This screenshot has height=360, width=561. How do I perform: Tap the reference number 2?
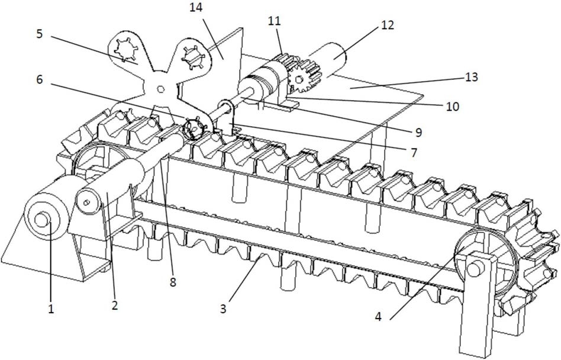click(x=114, y=306)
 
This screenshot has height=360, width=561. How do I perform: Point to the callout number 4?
click(x=379, y=316)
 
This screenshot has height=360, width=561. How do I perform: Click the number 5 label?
click(x=40, y=34)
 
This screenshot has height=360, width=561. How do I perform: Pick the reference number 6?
click(x=40, y=79)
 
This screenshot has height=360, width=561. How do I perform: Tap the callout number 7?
click(x=414, y=153)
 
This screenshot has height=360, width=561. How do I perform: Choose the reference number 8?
click(x=173, y=282)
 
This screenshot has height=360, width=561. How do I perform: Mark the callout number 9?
click(x=418, y=133)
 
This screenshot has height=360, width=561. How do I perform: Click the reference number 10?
click(x=453, y=106)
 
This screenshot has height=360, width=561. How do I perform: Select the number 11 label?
click(x=275, y=21)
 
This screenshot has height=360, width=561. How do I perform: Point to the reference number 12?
click(x=388, y=25)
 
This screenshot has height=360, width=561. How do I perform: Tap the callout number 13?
click(x=471, y=77)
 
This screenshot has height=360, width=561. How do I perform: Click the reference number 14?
click(x=196, y=8)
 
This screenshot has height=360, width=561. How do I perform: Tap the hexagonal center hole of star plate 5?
click(x=160, y=89)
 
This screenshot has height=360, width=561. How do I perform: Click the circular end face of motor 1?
click(x=42, y=219)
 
